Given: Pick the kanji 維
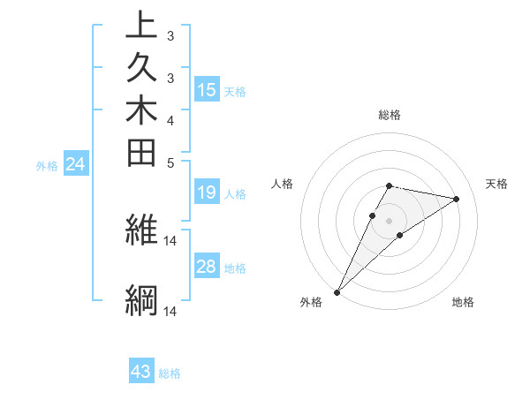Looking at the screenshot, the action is point(141,231).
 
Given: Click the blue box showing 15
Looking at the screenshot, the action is point(207,90).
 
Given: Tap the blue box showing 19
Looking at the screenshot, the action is point(207,193).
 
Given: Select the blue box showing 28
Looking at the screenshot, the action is point(207,267).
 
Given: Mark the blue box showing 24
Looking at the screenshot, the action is point(76,163).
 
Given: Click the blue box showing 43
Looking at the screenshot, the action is point(141,372).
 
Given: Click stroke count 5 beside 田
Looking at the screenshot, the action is point(170,162).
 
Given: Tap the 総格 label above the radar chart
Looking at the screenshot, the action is point(390,115).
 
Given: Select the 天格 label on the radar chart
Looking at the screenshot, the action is point(497,184).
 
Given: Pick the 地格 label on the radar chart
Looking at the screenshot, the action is point(463,303).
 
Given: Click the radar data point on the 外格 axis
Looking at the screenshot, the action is point(337,291).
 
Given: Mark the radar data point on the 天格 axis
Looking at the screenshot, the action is point(457,199).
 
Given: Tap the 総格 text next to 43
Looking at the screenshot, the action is point(170,373).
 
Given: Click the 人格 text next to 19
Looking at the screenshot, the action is point(235,194).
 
